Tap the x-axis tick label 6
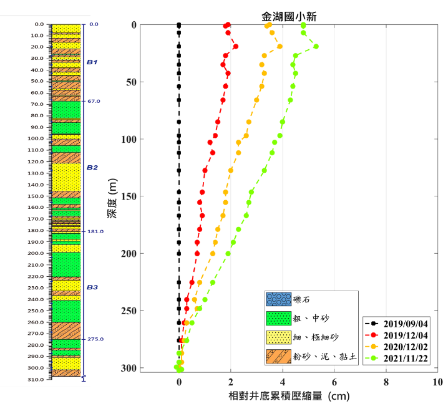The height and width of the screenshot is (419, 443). pyautogui.click(x=334, y=382)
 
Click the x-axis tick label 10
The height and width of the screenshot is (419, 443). pyautogui.click(x=437, y=382)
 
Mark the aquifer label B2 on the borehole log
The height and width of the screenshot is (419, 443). pyautogui.click(x=92, y=167)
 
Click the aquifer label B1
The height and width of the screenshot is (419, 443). pyautogui.click(x=92, y=62)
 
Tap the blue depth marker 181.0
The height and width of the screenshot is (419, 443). pyautogui.click(x=95, y=231)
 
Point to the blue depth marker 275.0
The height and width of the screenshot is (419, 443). pyautogui.click(x=95, y=339)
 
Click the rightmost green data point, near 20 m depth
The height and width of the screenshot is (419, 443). pyautogui.click(x=316, y=46)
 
